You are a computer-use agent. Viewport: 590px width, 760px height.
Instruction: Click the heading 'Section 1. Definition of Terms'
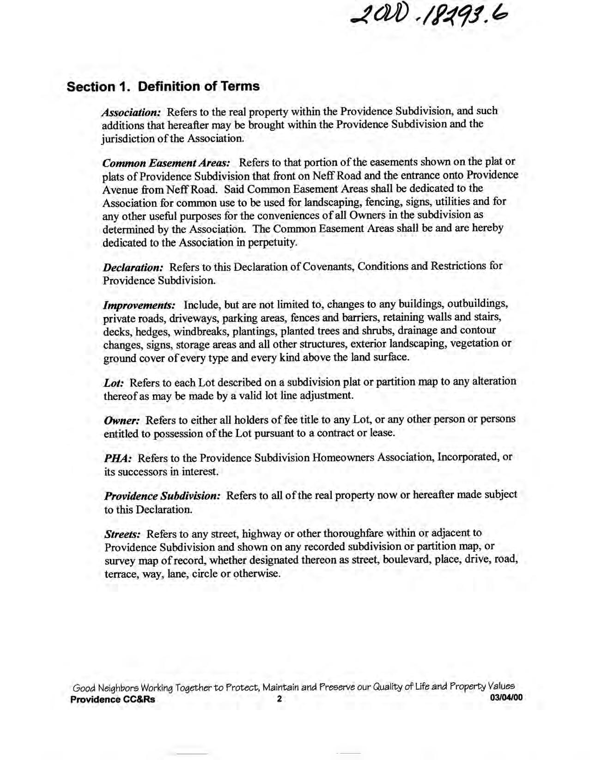pos(163,86)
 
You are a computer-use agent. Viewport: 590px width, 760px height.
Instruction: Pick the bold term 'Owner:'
pos(122,420)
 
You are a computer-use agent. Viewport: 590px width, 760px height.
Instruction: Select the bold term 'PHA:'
pos(118,459)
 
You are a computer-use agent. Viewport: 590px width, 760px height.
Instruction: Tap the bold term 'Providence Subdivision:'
pos(163,496)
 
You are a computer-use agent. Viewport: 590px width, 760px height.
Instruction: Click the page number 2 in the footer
pos(279,699)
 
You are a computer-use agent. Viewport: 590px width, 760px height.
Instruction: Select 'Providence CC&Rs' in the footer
pos(113,699)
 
